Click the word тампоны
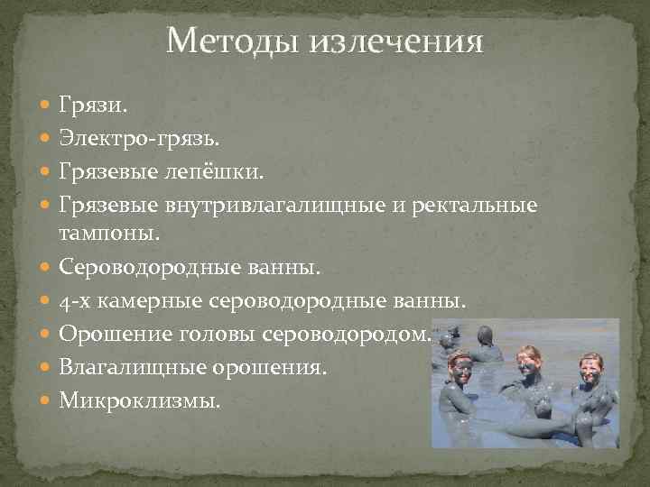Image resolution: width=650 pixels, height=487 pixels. [108, 234]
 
